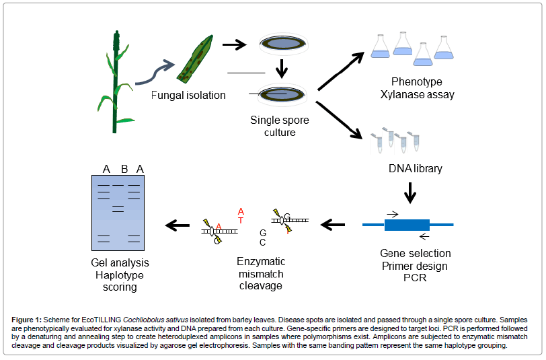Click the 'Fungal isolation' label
188,95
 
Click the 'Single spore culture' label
280,126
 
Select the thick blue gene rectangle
407,225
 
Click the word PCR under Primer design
415,278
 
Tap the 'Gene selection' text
416,254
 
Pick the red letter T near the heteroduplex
241,220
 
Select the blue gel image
120,213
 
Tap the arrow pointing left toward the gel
178,225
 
